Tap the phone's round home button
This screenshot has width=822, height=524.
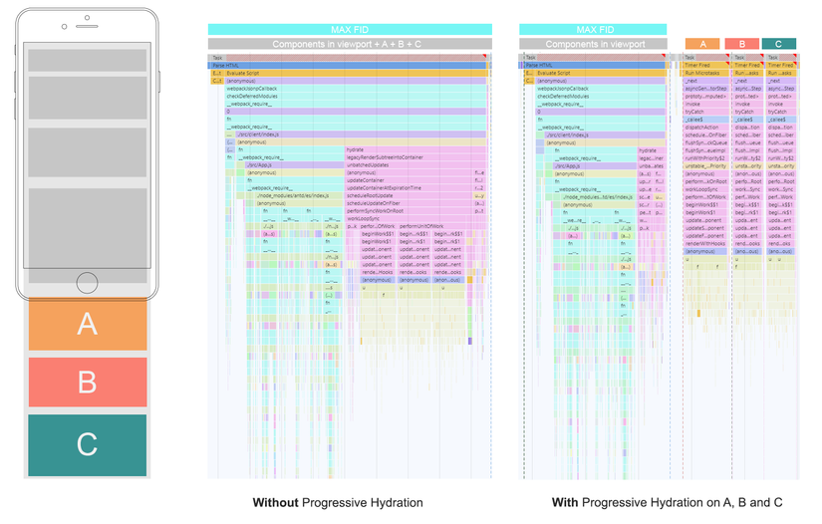click(x=87, y=283)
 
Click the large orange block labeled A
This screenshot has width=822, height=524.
click(x=88, y=324)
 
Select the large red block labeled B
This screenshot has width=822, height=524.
click(x=88, y=382)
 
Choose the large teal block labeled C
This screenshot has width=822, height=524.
click(x=88, y=443)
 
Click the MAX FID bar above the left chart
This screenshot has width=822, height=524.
click(x=349, y=30)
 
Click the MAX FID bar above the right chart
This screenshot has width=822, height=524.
click(x=594, y=30)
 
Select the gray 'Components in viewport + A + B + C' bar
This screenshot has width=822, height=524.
click(x=349, y=44)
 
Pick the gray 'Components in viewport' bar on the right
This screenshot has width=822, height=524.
click(x=594, y=44)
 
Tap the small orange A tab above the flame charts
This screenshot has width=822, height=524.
click(x=702, y=44)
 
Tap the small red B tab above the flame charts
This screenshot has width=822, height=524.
click(x=741, y=44)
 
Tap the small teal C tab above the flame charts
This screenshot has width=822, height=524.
click(x=778, y=44)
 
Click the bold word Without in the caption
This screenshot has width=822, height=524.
click(x=276, y=503)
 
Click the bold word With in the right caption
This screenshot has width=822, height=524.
click(x=565, y=503)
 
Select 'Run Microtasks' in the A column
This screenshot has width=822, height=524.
click(x=703, y=73)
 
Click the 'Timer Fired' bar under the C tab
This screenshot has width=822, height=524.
click(x=779, y=66)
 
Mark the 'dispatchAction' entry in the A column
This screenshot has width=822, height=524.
click(x=702, y=128)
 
